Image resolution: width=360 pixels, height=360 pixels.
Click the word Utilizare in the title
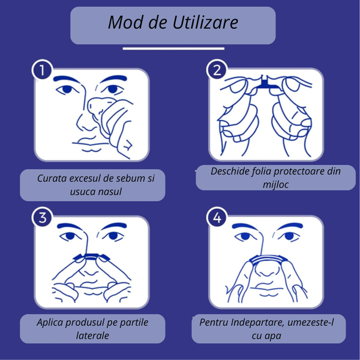point(205,23)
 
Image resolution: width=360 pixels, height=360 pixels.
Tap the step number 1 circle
point(42,70)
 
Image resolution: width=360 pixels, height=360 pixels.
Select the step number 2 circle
point(217,70)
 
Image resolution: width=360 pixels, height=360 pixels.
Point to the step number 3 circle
point(42,217)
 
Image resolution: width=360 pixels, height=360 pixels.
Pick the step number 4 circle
point(217,217)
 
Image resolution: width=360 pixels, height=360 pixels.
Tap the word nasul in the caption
point(110,192)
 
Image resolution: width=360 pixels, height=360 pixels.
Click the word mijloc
point(275,184)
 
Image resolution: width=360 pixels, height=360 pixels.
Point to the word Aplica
point(50,323)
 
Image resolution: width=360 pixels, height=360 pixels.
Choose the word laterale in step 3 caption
point(92,335)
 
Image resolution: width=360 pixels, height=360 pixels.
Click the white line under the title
point(173,49)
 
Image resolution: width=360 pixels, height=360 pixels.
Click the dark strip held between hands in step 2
point(266,84)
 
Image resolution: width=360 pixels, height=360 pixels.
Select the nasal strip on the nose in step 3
point(91,256)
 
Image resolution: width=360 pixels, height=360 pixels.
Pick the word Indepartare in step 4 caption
point(258,323)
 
